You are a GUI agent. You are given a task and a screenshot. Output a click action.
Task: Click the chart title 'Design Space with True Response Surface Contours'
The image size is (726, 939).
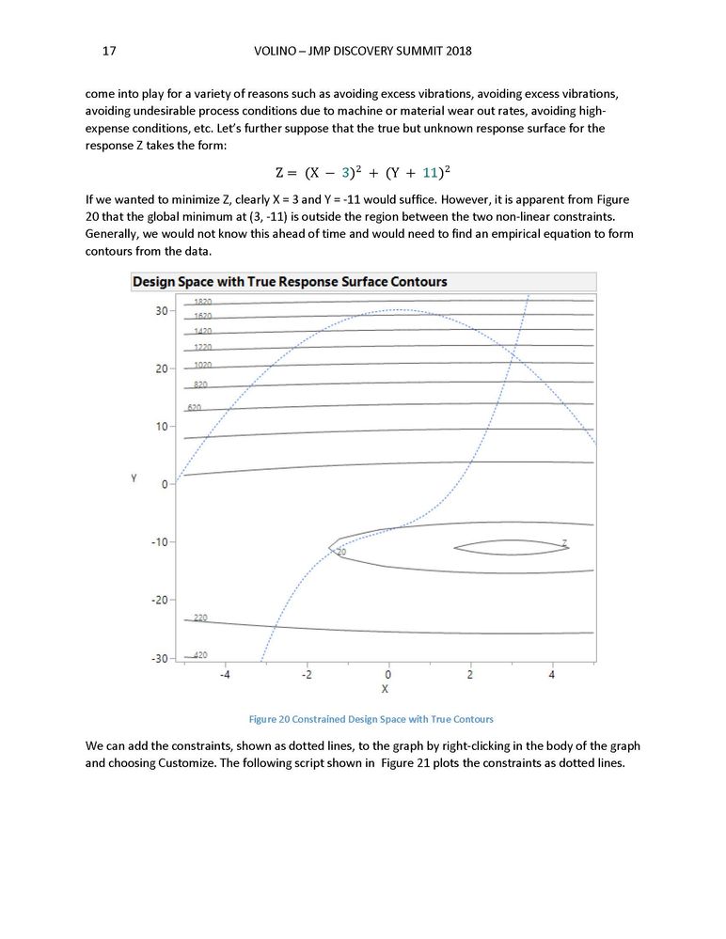pos(290,281)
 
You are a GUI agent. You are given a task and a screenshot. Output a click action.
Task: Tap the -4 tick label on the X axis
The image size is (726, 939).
pos(225,674)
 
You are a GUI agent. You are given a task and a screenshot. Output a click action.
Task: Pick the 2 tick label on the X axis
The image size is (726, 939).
pos(470,674)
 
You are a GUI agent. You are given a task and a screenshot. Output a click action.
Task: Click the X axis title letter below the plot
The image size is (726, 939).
pos(385,689)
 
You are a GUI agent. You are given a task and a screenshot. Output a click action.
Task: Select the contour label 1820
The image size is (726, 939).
pos(202,302)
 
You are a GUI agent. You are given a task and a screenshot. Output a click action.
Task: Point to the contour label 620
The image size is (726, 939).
pos(195,408)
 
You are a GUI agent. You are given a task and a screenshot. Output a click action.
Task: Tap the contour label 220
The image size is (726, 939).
pos(200,618)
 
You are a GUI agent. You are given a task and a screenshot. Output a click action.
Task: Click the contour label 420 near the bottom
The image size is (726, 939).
pos(200,655)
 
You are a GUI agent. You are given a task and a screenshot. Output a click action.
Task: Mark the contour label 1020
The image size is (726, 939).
pos(202,364)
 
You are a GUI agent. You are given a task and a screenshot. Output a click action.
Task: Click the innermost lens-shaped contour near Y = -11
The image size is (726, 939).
pos(511,541)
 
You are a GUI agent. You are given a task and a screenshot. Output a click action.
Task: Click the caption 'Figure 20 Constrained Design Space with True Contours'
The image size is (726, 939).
pos(371,720)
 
